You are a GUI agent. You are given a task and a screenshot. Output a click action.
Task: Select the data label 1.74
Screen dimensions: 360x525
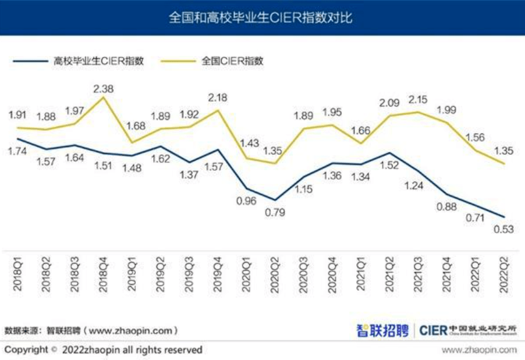click(x=18, y=152)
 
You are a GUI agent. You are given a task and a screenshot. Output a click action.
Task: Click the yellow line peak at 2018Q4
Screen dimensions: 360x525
click(x=103, y=97)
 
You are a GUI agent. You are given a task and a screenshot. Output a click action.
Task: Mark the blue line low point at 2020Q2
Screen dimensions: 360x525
click(x=274, y=200)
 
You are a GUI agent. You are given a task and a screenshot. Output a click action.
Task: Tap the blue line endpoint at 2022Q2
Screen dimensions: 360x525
click(x=503, y=217)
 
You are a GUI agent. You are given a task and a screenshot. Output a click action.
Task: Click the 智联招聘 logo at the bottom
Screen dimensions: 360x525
click(x=383, y=330)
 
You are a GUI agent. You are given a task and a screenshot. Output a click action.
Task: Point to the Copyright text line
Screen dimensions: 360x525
click(x=103, y=349)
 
